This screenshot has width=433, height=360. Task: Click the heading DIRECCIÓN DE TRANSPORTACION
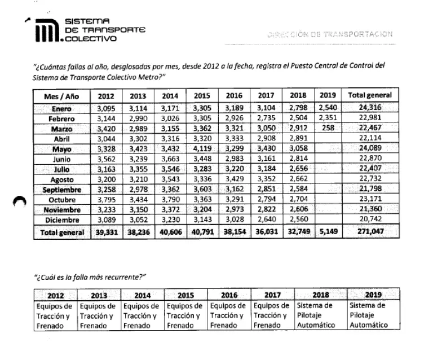pos(331,34)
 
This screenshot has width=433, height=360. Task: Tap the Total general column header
pos(370,96)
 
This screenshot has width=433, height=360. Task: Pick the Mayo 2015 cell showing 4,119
pos(200,150)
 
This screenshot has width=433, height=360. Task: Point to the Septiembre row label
pos(62,190)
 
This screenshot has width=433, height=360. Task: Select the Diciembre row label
pos(62,220)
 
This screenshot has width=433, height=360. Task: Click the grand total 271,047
pos(370,232)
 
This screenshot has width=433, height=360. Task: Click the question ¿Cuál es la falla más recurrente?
pos(90,276)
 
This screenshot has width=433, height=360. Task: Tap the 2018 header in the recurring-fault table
pos(319,295)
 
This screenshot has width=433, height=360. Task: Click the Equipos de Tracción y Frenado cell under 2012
pos(55,315)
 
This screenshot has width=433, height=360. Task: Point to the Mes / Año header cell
pos(62,96)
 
